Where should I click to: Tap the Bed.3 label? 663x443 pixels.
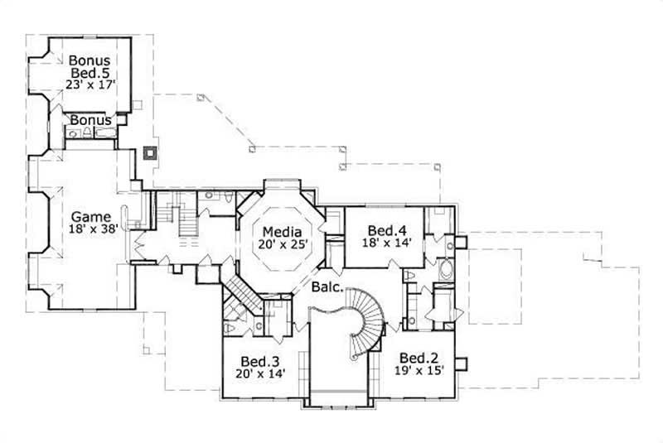pos(259,362)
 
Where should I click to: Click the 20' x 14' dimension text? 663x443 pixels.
pos(259,374)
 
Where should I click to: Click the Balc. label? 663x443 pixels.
pos(329,289)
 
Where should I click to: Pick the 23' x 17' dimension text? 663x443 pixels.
pos(90,84)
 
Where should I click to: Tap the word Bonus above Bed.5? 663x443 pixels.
pos(90,60)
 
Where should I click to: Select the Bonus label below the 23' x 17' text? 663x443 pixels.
pos(90,120)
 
